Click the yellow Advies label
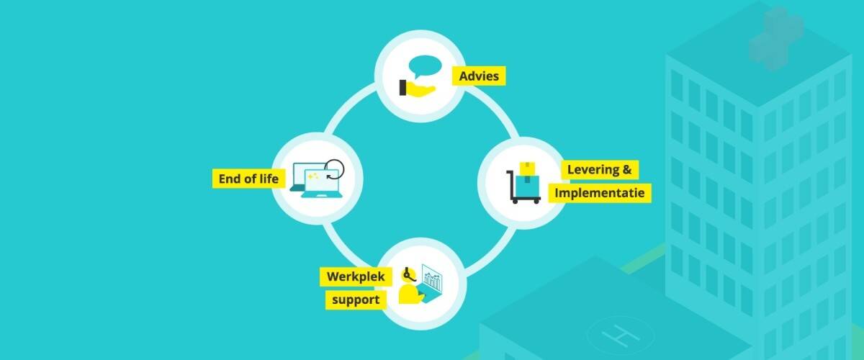click(479, 76)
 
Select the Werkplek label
click(355, 276)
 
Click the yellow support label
click(355, 300)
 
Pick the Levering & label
click(600, 170)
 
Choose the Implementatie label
click(600, 193)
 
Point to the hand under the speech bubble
click(415, 89)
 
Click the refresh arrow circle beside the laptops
click(332, 169)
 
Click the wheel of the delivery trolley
click(517, 201)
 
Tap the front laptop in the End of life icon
click(320, 184)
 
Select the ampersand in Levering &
click(626, 170)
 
